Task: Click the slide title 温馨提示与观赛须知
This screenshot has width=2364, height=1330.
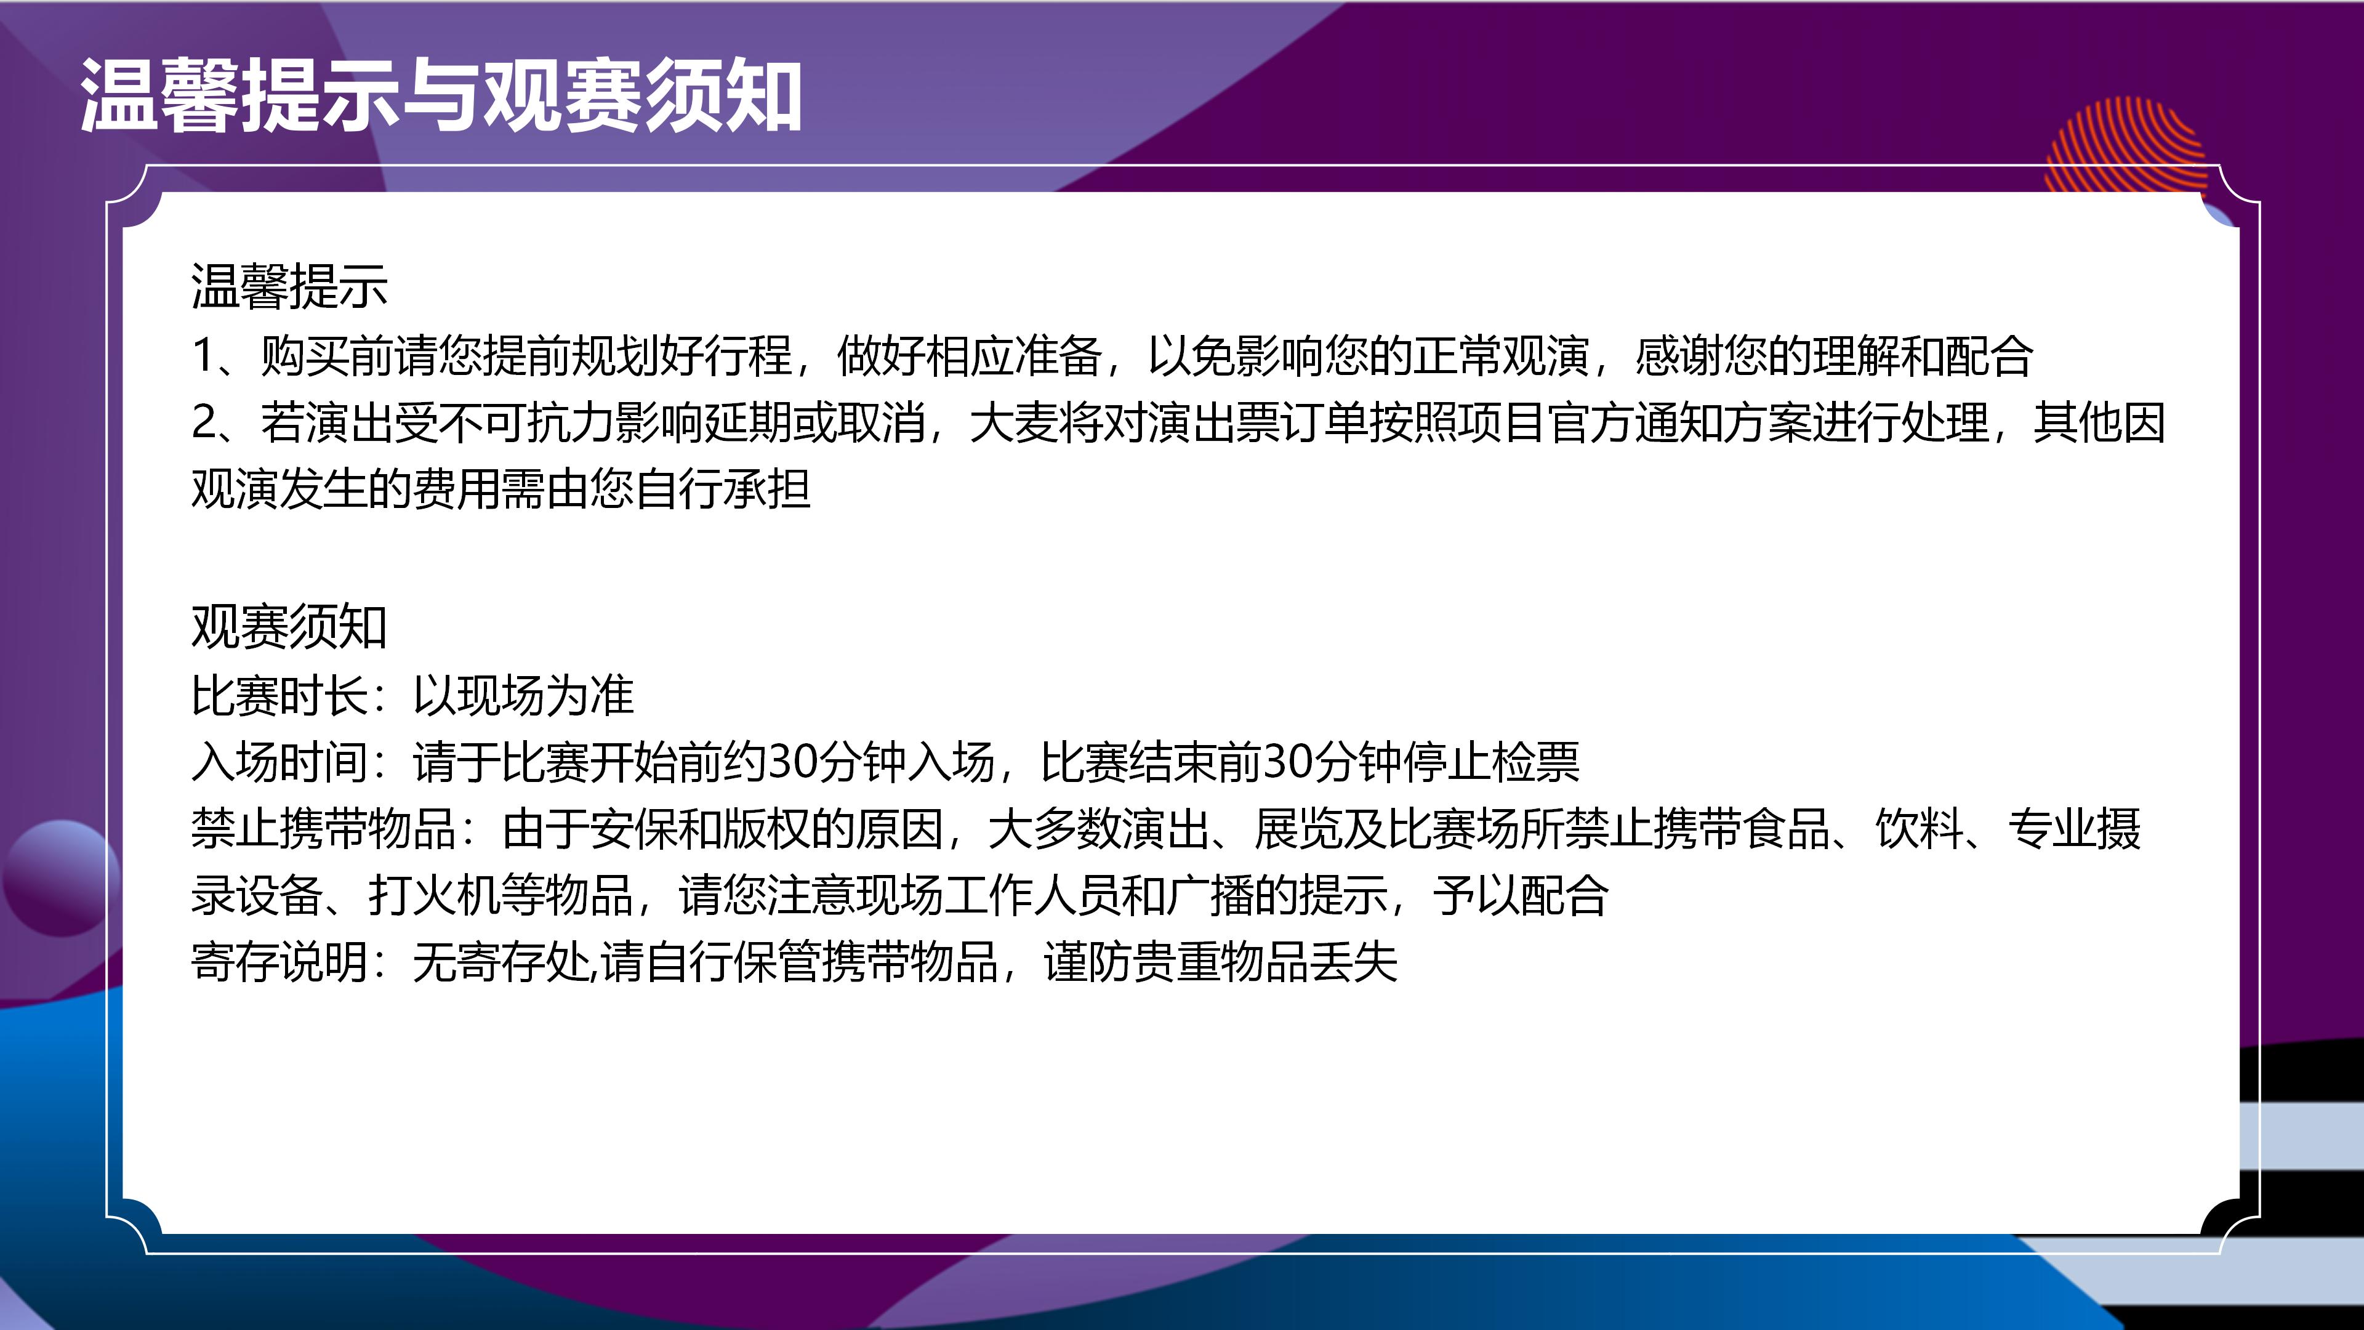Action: [441, 95]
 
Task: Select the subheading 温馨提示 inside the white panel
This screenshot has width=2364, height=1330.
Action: [290, 286]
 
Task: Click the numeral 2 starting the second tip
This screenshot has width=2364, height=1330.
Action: [204, 423]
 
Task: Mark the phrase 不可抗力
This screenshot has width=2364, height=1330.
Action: [527, 423]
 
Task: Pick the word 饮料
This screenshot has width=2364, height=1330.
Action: [1919, 829]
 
